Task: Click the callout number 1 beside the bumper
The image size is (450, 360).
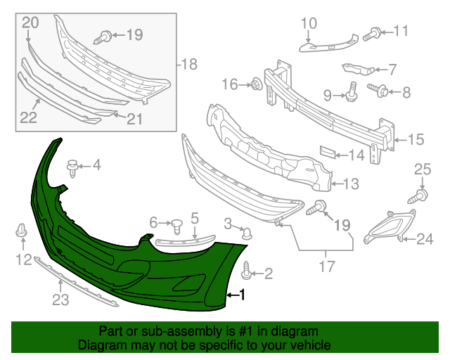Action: (243, 296)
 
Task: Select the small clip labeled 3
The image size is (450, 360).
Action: (246, 233)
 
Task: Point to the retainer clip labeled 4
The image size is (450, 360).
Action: (72, 167)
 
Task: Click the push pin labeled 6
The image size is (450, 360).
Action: (177, 226)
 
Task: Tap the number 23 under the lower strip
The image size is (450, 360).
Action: (60, 301)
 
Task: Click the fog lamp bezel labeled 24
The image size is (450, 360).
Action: (384, 228)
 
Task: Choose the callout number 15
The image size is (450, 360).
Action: (417, 140)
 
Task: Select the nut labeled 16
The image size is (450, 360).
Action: (257, 85)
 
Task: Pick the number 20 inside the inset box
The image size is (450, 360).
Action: (29, 23)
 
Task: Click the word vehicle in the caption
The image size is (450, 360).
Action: (308, 346)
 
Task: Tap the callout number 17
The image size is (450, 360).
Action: (326, 267)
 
